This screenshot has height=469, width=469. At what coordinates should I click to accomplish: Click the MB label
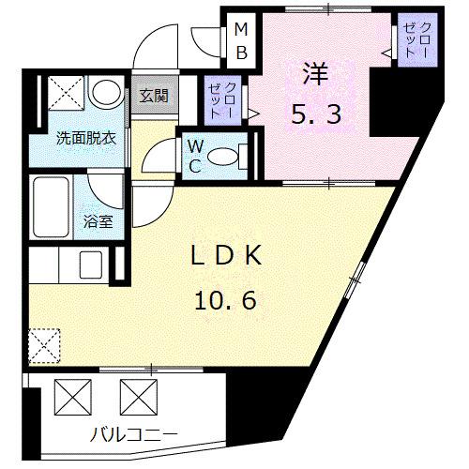click(241, 41)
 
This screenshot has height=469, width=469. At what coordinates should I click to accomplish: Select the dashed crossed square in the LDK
click(44, 344)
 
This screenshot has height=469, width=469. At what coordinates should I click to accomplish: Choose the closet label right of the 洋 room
click(414, 40)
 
